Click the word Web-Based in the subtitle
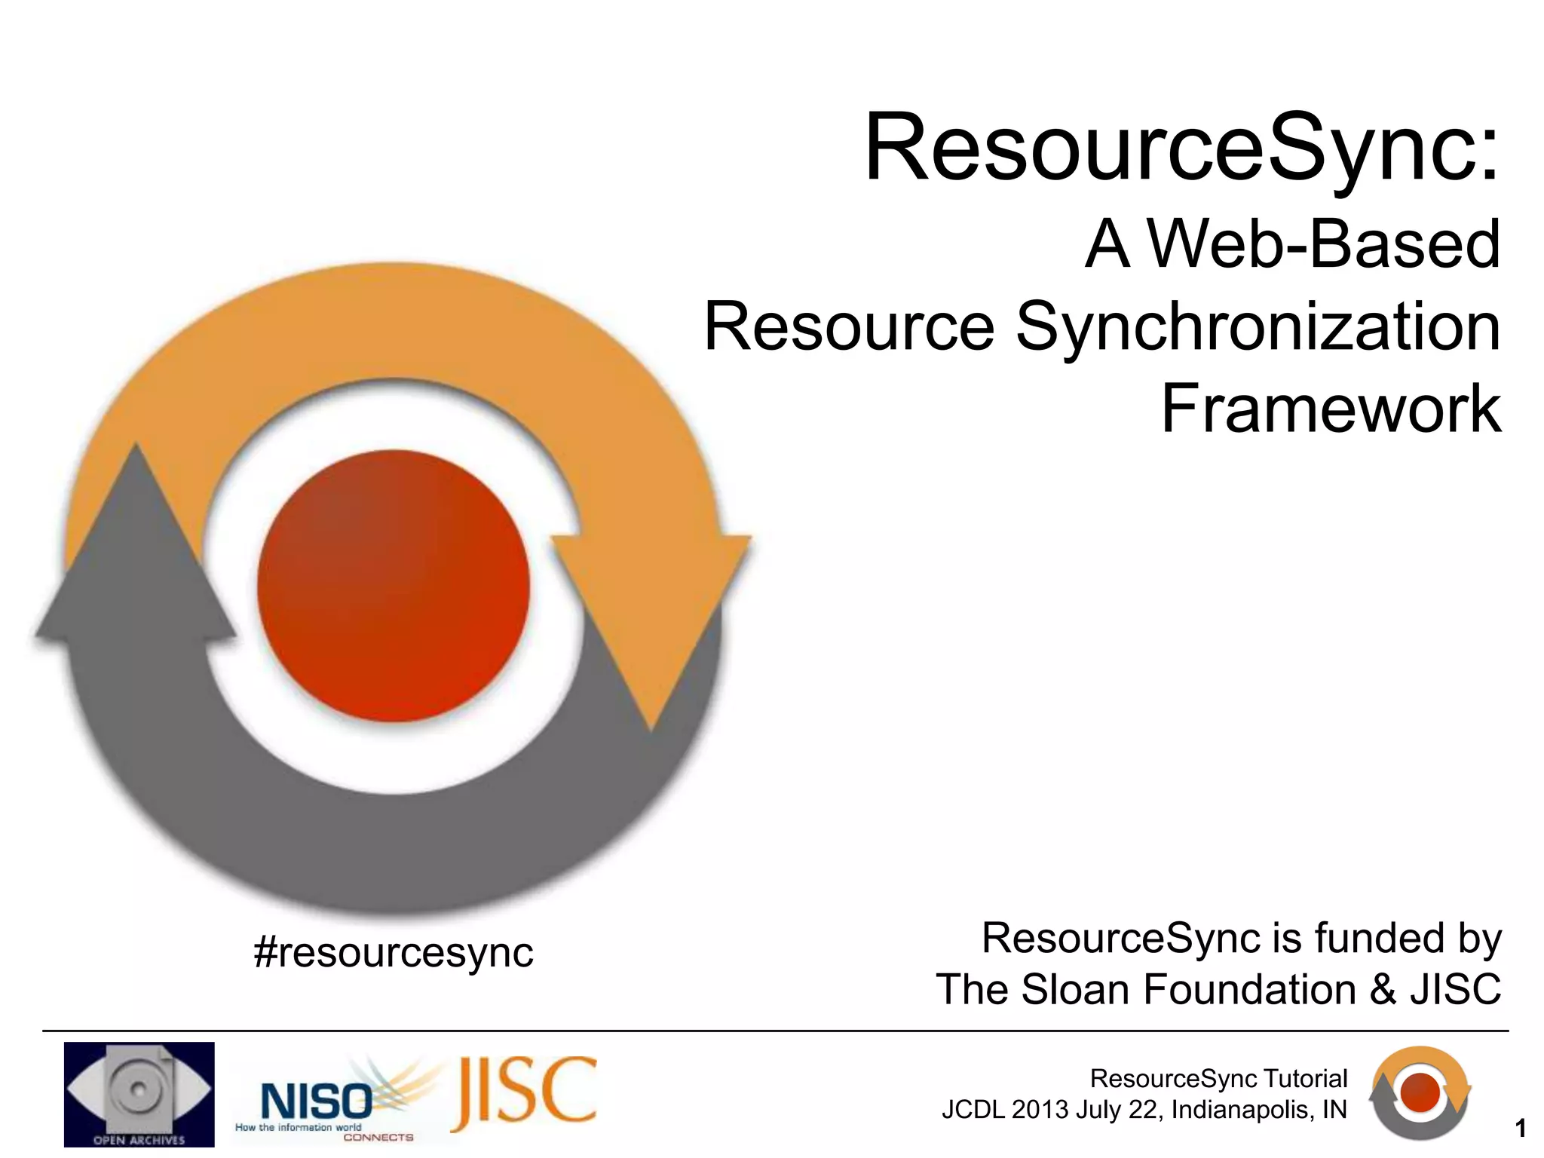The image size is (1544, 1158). point(1323,244)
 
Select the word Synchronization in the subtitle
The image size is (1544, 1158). point(1258,327)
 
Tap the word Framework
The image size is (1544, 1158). point(1331,409)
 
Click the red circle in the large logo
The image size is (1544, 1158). point(394,586)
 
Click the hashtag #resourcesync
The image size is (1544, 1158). point(394,952)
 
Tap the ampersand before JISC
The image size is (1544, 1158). point(1383,989)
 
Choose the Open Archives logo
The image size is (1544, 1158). point(139,1094)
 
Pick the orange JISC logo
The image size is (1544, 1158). point(524,1091)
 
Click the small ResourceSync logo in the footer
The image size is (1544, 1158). point(1420,1092)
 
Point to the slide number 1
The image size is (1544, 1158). point(1521,1129)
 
